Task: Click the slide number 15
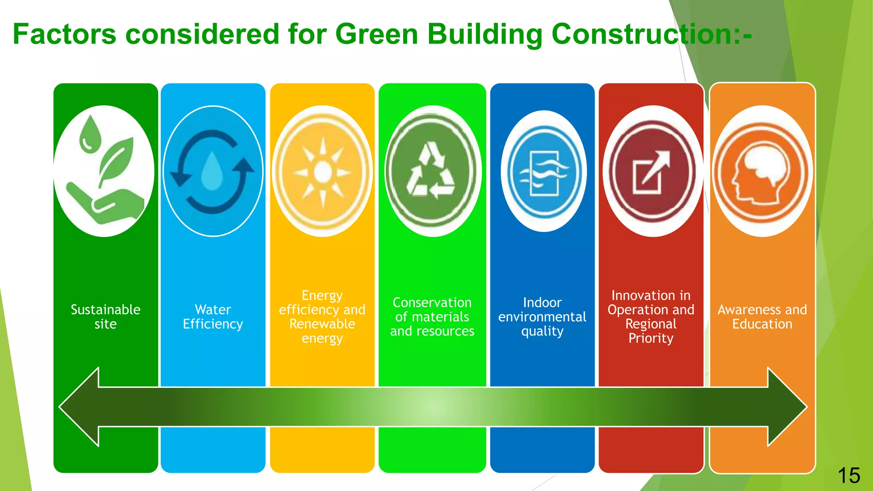849,475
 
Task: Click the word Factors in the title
64,34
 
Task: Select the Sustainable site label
105,317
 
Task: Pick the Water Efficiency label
213,317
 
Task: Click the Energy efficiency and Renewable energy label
322,317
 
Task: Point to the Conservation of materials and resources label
432,317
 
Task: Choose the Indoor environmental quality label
542,317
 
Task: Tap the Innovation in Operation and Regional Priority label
651,317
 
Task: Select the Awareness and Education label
762,317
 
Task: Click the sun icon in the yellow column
323,172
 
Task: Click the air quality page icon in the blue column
543,173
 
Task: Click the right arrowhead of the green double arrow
786,407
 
